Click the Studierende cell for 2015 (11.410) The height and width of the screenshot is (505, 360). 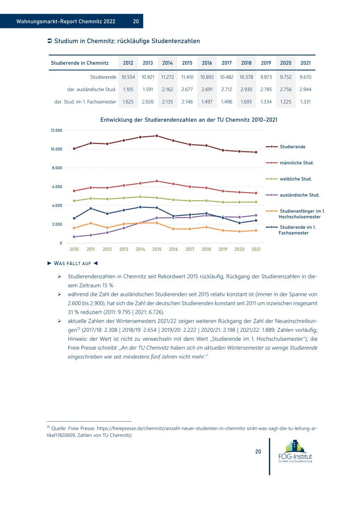tap(187, 77)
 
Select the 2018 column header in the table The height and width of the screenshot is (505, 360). tap(246, 63)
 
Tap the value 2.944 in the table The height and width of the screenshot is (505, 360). tap(305, 90)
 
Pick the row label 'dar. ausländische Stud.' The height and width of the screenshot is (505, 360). tap(91, 90)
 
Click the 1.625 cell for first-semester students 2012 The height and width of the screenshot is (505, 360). tap(128, 102)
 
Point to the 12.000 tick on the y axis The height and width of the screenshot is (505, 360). tap(56, 130)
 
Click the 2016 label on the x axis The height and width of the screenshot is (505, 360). tap(173, 249)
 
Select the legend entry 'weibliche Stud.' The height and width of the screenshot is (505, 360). tap(296, 179)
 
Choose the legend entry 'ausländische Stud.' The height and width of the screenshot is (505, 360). tap(299, 195)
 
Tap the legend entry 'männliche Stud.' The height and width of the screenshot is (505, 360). tap(297, 163)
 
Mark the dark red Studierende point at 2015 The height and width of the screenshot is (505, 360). tap(157, 136)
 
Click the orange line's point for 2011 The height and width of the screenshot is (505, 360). tap(91, 223)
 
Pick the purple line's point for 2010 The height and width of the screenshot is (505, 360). tap(74, 237)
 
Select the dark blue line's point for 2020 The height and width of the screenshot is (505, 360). tap(239, 223)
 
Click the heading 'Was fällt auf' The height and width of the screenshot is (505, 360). tap(72, 263)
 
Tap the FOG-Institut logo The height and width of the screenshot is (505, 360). tap(295, 451)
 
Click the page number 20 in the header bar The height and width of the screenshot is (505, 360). tap(136, 22)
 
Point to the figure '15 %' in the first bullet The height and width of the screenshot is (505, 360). tap(108, 285)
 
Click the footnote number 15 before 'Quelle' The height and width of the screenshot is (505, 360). tap(48, 427)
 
